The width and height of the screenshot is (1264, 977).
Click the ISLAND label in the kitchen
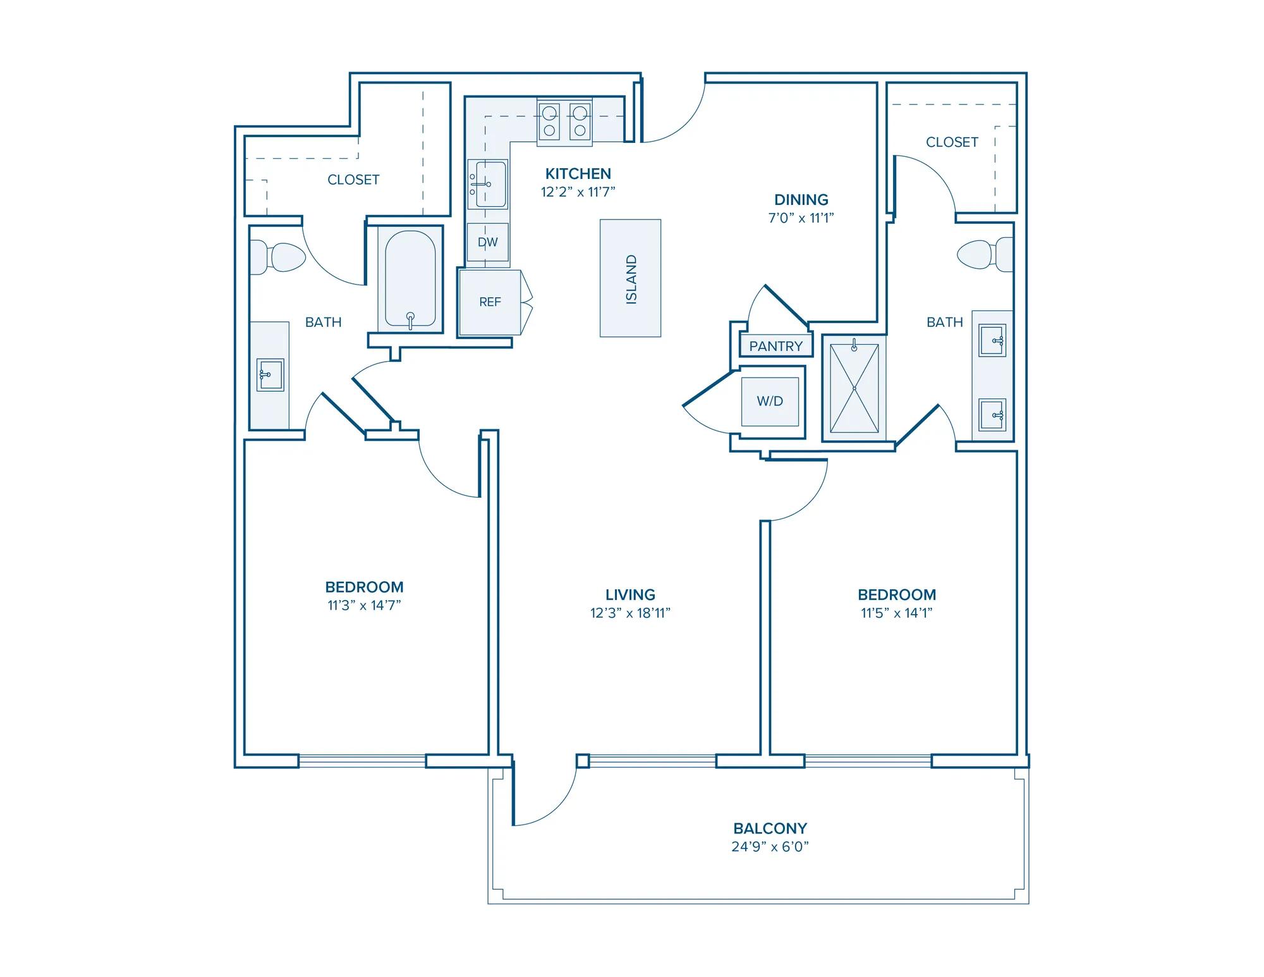click(631, 279)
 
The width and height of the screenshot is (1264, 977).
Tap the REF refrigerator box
click(490, 302)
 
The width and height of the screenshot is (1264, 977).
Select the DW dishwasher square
click(488, 242)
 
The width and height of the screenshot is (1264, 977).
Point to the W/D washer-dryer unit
click(770, 401)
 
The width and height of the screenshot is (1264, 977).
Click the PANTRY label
click(775, 346)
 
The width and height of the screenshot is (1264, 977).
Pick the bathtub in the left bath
click(410, 279)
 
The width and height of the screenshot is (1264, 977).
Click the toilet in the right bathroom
click(985, 254)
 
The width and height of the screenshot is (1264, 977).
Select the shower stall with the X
click(854, 388)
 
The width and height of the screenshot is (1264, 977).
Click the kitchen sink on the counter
click(487, 184)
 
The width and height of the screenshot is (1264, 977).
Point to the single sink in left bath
click(270, 375)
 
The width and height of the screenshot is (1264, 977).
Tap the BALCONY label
click(770, 828)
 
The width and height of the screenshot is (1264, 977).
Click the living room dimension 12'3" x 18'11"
click(630, 613)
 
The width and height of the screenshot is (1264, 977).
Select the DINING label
click(801, 200)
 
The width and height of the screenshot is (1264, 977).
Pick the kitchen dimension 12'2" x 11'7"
click(578, 192)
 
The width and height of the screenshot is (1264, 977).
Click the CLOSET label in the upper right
click(952, 142)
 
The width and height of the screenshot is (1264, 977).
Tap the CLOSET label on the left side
click(353, 180)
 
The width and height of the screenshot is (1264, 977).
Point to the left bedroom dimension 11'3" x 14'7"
click(364, 605)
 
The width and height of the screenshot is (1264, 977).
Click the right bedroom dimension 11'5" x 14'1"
click(897, 613)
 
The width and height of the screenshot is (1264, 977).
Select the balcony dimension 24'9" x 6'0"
click(770, 847)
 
